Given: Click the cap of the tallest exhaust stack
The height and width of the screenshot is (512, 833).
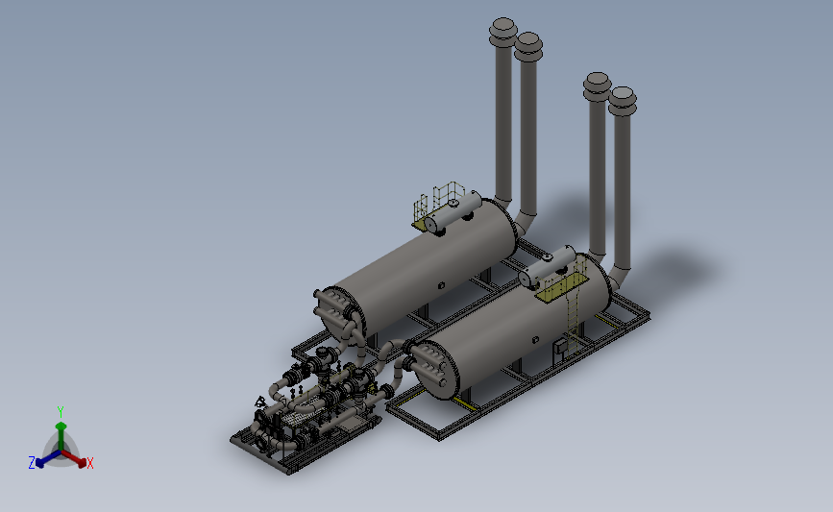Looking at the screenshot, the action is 503,32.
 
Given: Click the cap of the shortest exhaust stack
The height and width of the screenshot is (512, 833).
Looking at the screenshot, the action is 623,101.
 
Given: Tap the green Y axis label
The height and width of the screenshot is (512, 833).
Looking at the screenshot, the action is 61,412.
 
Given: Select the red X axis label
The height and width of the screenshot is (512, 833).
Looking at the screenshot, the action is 89,463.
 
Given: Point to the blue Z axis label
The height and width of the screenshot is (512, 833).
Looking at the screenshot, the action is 32,463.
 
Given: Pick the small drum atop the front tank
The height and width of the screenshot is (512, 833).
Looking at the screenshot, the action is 548,267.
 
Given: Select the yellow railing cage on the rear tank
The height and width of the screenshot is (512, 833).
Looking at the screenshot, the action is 438,202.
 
